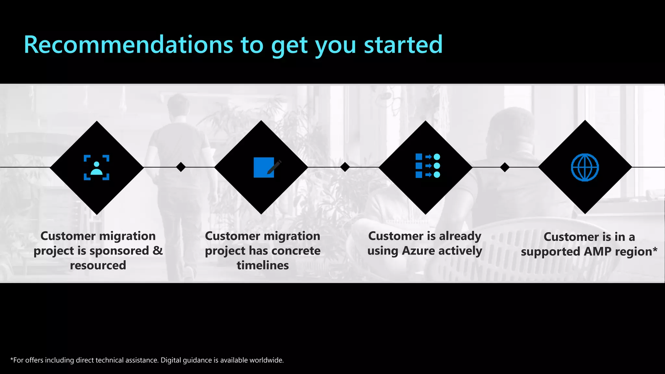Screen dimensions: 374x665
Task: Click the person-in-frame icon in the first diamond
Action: tap(96, 168)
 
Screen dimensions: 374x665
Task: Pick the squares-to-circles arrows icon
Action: tap(428, 166)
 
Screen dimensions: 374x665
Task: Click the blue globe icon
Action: tap(585, 168)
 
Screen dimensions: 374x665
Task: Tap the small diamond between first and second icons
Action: tap(181, 167)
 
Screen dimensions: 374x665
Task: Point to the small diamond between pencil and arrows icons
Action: tap(345, 167)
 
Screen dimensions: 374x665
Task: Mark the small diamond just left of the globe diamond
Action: tap(505, 167)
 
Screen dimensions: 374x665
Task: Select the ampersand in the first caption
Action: tap(157, 250)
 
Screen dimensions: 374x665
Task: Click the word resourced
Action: tap(98, 265)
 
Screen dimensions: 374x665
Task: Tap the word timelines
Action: tap(262, 265)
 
